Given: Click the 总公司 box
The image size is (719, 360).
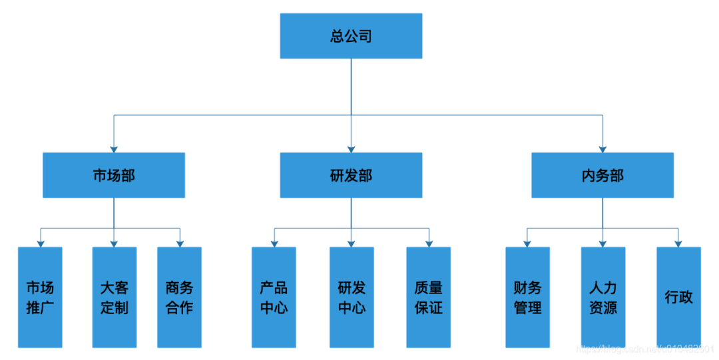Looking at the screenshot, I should click(351, 36).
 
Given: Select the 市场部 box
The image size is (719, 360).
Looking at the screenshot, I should click(114, 175).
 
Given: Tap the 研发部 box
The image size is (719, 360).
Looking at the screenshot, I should click(351, 175).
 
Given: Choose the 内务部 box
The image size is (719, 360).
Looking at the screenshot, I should click(602, 175).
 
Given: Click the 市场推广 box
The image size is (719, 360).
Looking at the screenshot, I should click(40, 297).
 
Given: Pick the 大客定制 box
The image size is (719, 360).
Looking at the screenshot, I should click(114, 297).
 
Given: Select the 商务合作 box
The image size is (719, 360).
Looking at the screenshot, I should click(179, 297).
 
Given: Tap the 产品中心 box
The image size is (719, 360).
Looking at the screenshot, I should click(274, 297).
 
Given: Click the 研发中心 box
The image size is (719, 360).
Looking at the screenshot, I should click(352, 297).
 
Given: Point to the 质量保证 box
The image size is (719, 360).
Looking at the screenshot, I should click(428, 297).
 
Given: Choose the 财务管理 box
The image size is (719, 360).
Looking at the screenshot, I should click(527, 297).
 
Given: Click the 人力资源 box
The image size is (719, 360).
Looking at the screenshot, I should click(602, 297).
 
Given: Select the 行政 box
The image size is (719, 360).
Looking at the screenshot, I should click(678, 297).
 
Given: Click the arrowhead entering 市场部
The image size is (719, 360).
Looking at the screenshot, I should click(114, 148).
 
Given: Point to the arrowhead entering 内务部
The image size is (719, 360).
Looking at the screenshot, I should click(602, 148).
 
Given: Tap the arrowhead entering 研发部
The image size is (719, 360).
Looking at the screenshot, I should click(351, 148).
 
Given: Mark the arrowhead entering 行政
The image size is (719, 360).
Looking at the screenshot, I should click(678, 243).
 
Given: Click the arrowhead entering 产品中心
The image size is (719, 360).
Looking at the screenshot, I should click(274, 243).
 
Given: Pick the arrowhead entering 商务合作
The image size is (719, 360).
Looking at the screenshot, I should click(179, 243).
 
